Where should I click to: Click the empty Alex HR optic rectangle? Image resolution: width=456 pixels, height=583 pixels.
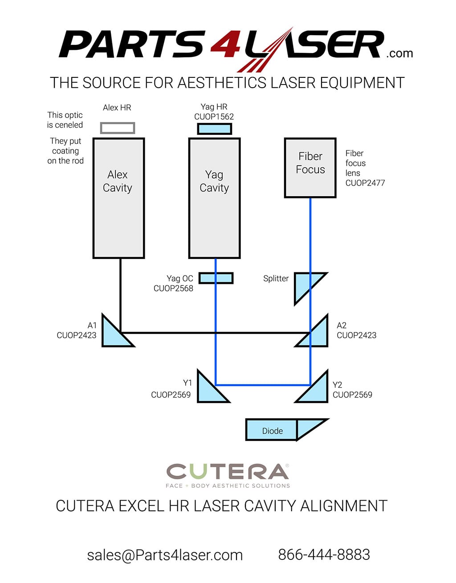tap(118, 128)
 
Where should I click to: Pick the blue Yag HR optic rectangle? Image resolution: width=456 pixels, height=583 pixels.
tap(215, 129)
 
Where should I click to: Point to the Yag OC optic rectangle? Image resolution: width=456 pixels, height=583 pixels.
tap(216, 278)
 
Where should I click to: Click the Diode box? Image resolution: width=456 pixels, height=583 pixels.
tap(272, 430)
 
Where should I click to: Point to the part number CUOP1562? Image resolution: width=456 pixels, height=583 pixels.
tap(214, 117)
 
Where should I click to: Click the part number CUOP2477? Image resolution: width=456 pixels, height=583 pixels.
tap(365, 183)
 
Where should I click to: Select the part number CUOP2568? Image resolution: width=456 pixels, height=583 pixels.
tap(173, 288)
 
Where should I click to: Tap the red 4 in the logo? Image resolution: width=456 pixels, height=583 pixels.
tap(225, 45)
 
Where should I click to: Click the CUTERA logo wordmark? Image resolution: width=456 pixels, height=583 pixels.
tap(228, 472)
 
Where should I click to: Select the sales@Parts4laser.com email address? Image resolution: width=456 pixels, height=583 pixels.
tap(165, 555)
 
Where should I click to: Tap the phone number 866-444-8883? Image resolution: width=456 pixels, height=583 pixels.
tap(324, 555)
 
